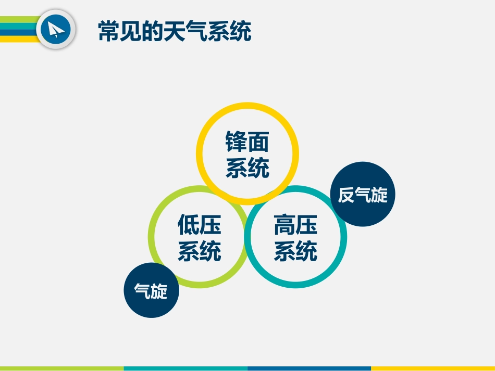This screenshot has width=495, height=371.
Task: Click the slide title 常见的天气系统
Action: tap(175, 31)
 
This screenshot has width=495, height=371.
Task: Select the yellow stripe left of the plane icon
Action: tap(18, 39)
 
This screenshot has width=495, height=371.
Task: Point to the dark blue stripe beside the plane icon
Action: tap(18, 32)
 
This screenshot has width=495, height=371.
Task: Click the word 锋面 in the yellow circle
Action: tap(247, 141)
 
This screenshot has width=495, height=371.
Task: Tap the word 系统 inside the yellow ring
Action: tap(247, 168)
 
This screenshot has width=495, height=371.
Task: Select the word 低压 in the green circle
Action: tap(199, 225)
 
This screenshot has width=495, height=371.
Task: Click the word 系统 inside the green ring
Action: tap(199, 251)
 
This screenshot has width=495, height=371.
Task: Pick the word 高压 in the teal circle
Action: tap(295, 225)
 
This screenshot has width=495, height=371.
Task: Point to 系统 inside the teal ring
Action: tap(295, 251)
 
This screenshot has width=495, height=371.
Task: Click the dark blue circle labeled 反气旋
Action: tap(363, 195)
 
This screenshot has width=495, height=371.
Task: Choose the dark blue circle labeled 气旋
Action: tap(151, 291)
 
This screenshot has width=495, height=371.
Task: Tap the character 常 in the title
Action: tap(109, 31)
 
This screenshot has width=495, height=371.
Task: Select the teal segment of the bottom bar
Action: tap(185, 368)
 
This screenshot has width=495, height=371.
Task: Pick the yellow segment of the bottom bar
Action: tap(432, 368)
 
